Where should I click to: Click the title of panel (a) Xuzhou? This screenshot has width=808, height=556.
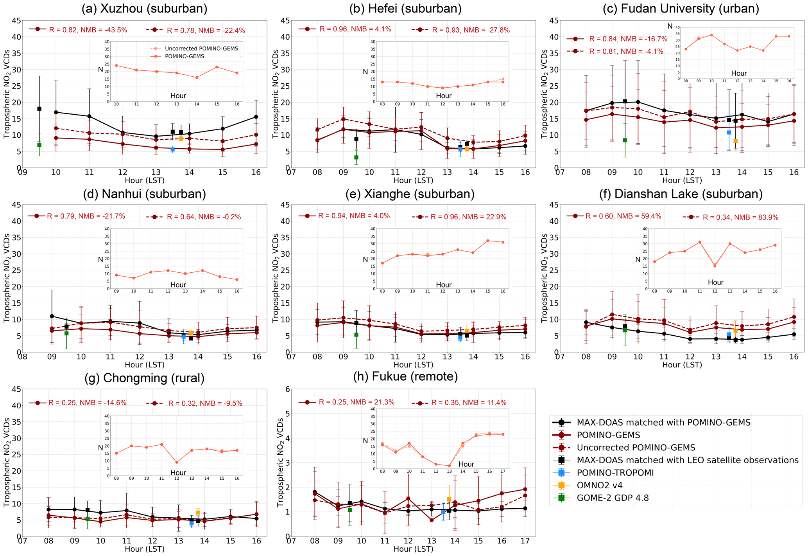[x=144, y=9]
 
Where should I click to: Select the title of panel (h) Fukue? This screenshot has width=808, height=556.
[x=405, y=376]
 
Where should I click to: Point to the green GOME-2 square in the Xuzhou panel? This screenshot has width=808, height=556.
[x=39, y=145]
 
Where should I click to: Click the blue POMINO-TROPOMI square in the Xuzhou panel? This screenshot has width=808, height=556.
[x=172, y=149]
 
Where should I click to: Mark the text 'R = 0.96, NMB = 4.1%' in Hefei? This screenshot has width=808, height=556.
[x=355, y=29]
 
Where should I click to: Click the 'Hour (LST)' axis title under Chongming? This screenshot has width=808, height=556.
[x=145, y=549]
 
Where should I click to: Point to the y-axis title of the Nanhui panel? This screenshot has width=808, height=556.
[x=7, y=278]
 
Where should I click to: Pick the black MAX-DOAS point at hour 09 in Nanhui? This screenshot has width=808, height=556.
[x=52, y=316]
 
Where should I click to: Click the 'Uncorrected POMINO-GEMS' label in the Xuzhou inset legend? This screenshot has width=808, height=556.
[x=201, y=49]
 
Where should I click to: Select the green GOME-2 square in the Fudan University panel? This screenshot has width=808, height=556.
[x=625, y=140]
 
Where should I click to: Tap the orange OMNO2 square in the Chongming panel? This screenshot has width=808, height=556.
[x=198, y=513]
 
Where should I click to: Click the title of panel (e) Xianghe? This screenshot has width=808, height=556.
[x=410, y=194]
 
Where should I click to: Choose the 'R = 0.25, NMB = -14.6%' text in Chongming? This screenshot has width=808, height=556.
[x=87, y=403]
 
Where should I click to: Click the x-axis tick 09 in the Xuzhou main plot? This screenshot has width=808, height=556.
[x=23, y=172]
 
